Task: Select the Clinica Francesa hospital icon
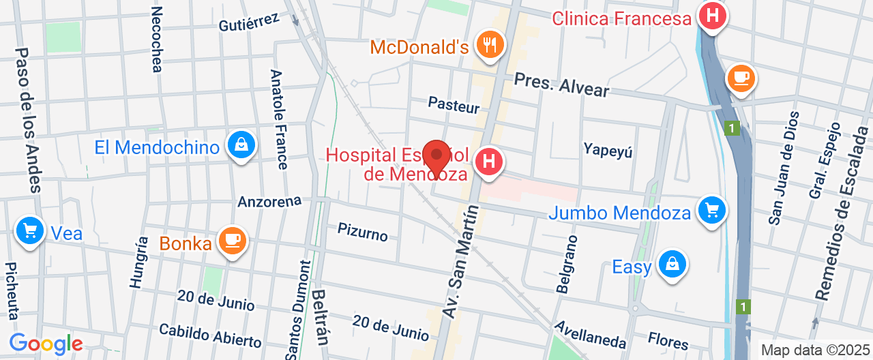(713, 15)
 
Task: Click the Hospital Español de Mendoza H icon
(488, 162)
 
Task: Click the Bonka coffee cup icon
(233, 240)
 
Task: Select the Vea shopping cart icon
(30, 230)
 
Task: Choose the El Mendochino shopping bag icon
(241, 145)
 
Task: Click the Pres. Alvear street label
(561, 84)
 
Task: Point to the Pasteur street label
(454, 105)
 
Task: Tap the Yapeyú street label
(608, 149)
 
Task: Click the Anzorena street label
(269, 202)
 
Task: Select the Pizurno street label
(363, 231)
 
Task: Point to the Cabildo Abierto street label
(210, 335)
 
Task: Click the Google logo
(46, 344)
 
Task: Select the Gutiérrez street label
(249, 22)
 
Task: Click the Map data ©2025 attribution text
(816, 350)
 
